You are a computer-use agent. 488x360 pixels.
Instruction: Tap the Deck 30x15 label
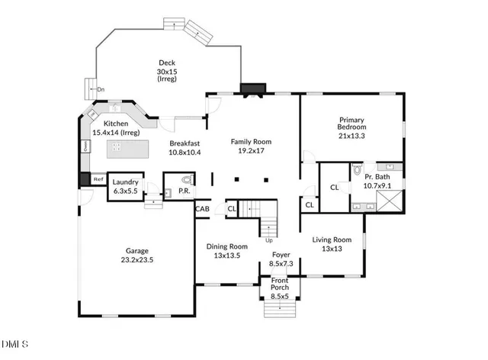tap(167, 72)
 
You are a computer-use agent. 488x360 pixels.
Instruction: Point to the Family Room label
tap(252, 146)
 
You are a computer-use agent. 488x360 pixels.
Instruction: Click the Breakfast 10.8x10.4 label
tap(185, 147)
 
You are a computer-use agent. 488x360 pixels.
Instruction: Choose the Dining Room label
tap(228, 251)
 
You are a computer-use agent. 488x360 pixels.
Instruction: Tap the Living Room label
tap(332, 244)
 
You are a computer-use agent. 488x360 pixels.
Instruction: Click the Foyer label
tap(281, 259)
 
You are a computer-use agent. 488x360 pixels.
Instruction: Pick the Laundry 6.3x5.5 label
tap(124, 186)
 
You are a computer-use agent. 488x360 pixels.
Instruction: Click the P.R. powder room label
tap(184, 191)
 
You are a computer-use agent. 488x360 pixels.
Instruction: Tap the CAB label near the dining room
tap(203, 208)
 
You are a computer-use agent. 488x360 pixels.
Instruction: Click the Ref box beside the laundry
tap(98, 180)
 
